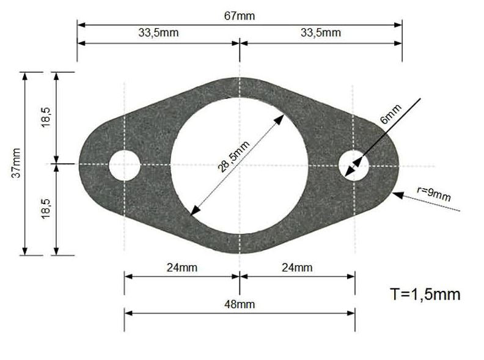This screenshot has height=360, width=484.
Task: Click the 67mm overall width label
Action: tap(240, 16)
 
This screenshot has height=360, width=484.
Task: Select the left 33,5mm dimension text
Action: tap(158, 33)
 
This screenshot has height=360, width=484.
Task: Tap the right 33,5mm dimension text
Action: tap(321, 33)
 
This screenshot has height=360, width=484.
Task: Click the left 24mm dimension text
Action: tap(182, 267)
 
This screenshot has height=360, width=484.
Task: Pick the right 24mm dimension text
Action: tap(297, 267)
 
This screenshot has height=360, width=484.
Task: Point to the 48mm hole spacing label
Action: tap(239, 304)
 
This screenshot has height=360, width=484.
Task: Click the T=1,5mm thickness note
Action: tap(425, 294)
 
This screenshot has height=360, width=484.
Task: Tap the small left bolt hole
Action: tap(125, 165)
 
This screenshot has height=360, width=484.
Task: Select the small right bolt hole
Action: tap(354, 165)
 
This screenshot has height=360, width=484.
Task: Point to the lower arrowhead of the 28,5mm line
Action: tap(194, 211)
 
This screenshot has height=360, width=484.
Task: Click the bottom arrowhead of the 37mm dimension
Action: tap(25, 251)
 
